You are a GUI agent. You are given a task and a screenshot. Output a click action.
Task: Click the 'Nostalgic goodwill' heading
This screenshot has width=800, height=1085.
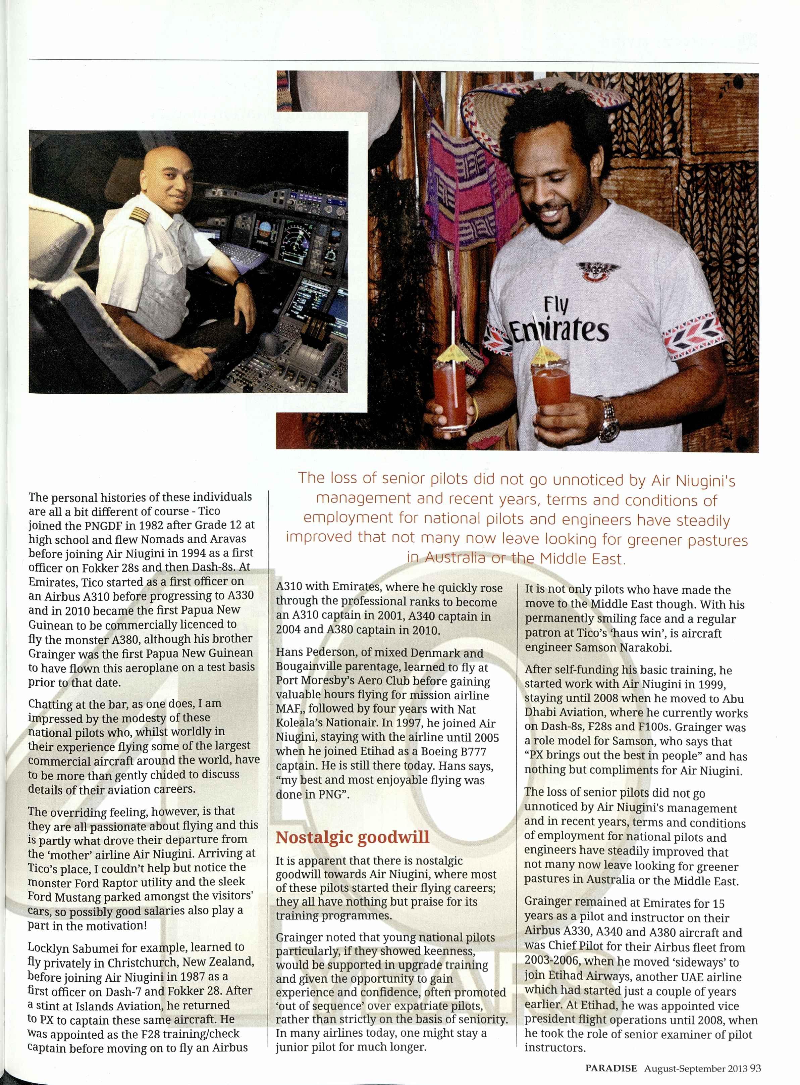pyautogui.click(x=353, y=837)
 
